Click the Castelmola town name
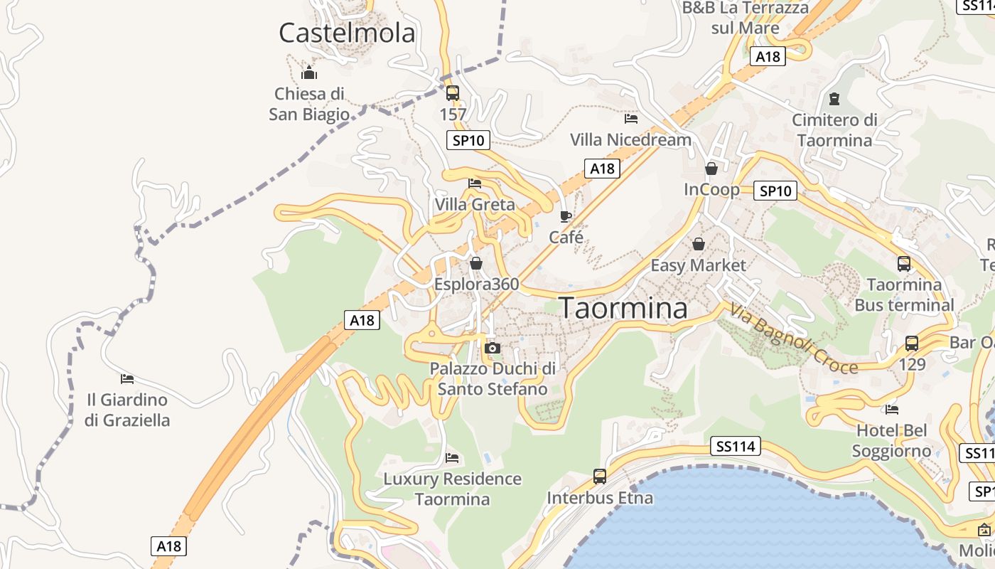pyautogui.click(x=347, y=33)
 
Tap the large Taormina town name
pyautogui.click(x=623, y=308)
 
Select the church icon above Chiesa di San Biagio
pyautogui.click(x=309, y=73)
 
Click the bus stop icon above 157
pyautogui.click(x=453, y=93)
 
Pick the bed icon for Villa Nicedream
pyautogui.click(x=630, y=119)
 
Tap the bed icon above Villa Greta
pyautogui.click(x=475, y=184)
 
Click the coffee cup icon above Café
pyautogui.click(x=566, y=216)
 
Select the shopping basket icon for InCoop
pyautogui.click(x=711, y=169)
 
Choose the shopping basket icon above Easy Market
pyautogui.click(x=699, y=244)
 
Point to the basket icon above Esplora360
pyautogui.click(x=476, y=263)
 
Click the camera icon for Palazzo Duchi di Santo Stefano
pyautogui.click(x=492, y=348)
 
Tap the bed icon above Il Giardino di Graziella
pyautogui.click(x=127, y=378)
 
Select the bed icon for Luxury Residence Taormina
pyautogui.click(x=452, y=457)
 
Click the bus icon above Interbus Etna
pyautogui.click(x=600, y=476)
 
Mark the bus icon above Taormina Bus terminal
pyautogui.click(x=904, y=264)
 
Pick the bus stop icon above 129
pyautogui.click(x=912, y=344)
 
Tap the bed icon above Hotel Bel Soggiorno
pyautogui.click(x=892, y=409)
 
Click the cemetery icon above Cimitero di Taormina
pyautogui.click(x=834, y=99)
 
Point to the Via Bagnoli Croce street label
pyautogui.click(x=793, y=339)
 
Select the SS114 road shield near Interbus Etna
pyautogui.click(x=735, y=447)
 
